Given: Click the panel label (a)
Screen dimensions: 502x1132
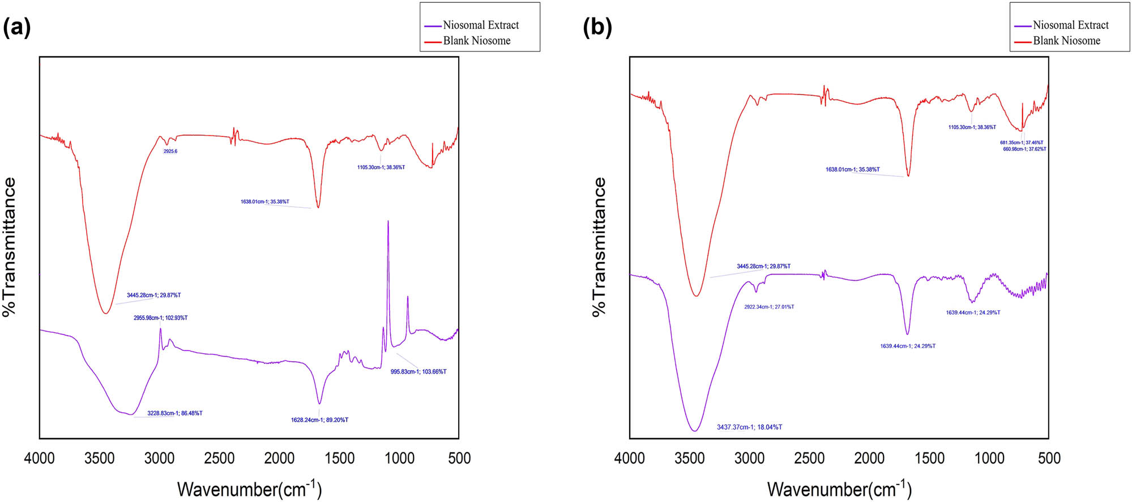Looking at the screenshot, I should click(16, 27).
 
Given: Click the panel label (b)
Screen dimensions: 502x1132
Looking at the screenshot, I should click(597, 27).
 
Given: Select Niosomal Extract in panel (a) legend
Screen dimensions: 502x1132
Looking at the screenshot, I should click(480, 25).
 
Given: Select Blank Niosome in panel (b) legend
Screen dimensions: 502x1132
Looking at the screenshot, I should click(1066, 41).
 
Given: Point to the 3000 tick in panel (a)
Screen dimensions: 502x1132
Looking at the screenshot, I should click(159, 458).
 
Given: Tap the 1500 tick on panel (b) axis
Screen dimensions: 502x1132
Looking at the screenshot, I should click(929, 458).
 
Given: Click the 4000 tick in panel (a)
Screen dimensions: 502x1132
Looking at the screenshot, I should click(39, 458).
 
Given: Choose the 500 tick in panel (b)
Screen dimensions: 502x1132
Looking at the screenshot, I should click(1049, 458).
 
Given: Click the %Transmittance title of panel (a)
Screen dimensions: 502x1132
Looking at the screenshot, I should click(9, 247).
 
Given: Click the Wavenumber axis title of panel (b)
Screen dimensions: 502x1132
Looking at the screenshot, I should click(839, 488).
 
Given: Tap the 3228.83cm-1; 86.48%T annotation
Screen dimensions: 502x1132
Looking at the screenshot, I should click(174, 413).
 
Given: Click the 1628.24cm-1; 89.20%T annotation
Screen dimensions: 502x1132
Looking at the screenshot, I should click(319, 420).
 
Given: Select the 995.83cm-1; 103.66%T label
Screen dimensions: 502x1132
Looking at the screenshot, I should click(418, 372).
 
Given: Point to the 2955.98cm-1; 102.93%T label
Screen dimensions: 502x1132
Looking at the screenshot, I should click(160, 318).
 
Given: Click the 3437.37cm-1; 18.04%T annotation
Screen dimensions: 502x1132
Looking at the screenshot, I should click(749, 427).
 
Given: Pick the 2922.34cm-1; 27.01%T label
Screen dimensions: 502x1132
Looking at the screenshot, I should click(768, 307).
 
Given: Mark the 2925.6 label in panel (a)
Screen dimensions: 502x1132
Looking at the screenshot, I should click(170, 152).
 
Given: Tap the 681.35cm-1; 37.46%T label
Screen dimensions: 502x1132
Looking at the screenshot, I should click(1021, 143).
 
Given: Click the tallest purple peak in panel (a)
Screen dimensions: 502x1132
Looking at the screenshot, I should click(388, 222).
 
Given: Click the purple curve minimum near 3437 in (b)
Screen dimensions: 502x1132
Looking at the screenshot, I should click(695, 431).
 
